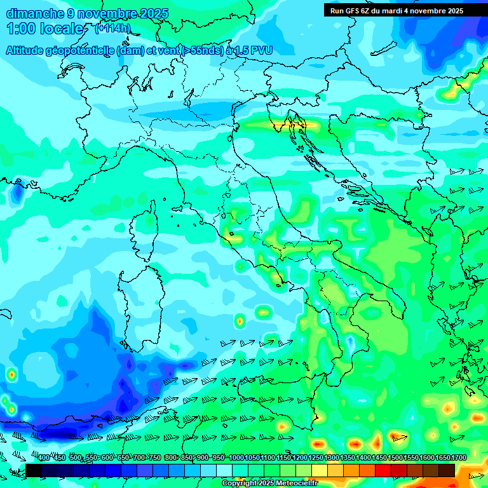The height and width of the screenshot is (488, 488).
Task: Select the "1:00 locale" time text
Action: coord(44,29)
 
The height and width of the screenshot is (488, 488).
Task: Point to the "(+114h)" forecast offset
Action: coord(112,29)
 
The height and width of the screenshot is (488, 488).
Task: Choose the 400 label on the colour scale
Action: coord(44,457)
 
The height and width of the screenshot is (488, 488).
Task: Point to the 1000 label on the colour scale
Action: coord(236,457)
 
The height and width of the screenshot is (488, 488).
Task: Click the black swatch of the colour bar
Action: coord(34,470)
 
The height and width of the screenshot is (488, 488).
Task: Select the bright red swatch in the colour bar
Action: coord(383,470)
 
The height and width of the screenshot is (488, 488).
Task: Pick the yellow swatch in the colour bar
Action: coord(320,470)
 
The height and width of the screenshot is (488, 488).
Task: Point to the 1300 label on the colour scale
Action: coord(332,457)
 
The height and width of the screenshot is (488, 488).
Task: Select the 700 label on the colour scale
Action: coord(139,457)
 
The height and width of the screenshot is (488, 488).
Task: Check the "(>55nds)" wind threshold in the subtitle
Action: coord(202,50)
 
